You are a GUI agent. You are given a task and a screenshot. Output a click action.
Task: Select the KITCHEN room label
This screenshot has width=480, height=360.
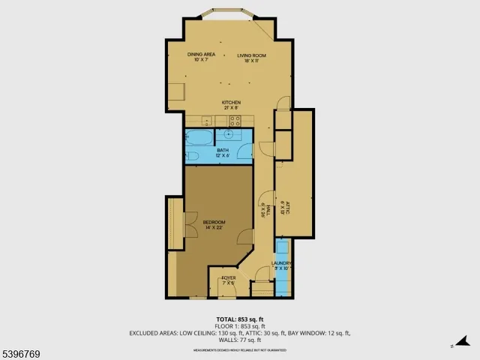click(230, 102)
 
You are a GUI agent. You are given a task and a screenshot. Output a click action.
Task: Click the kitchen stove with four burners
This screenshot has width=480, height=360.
click(234, 120)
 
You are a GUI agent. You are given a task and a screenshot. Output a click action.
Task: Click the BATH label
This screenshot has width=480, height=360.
click(223, 150)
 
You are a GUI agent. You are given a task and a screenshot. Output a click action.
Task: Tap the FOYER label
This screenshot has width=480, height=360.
click(228, 278)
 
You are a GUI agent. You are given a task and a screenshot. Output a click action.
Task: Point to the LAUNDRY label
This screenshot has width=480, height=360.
click(281, 263)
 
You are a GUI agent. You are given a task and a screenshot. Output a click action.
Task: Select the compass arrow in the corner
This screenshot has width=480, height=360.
click(453, 346)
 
